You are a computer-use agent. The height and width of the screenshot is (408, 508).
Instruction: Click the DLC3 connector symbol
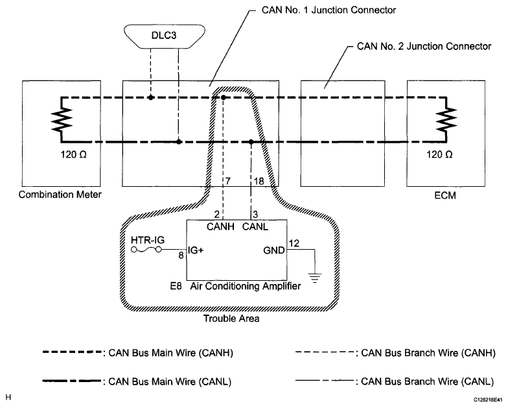165,36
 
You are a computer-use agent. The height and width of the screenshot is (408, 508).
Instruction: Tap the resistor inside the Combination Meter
62,119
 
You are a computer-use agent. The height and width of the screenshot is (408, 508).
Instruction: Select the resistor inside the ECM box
446,119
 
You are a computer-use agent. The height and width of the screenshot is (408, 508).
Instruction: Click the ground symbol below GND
315,278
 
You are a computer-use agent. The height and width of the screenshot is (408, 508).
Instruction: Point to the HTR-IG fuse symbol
146,249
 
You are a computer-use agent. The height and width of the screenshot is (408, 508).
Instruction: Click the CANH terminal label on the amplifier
220,226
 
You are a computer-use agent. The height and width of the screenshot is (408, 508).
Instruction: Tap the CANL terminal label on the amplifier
255,226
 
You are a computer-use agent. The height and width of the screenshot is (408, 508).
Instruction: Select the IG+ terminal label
196,250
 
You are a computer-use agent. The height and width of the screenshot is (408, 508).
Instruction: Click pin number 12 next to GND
294,243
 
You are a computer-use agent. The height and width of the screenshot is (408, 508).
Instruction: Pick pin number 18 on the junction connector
259,181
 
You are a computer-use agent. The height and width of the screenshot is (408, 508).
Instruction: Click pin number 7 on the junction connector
228,181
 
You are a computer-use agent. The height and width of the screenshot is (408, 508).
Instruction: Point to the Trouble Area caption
231,318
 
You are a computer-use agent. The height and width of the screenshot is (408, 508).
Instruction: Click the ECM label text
445,195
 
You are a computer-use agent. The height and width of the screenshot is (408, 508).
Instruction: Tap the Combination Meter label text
60,195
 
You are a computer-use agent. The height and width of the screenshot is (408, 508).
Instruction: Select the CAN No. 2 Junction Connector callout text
424,47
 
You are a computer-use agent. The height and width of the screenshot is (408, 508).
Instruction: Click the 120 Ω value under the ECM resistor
439,154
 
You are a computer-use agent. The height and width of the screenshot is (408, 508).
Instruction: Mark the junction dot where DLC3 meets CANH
150,97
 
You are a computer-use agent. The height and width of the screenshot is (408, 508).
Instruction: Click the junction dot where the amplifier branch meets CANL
251,141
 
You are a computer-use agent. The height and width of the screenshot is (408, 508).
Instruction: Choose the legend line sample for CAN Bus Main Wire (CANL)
71,381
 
